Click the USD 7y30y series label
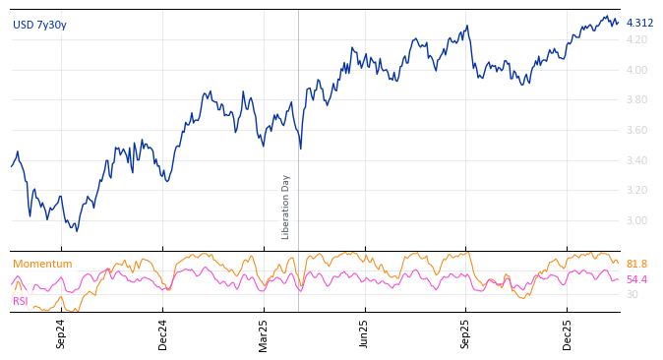[39, 25]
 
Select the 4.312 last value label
[639, 23]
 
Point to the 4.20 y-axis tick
[636, 39]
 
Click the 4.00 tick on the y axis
[636, 70]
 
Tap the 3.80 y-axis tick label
[636, 99]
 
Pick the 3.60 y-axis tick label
[636, 130]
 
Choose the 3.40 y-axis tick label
[636, 160]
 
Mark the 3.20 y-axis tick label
[636, 190]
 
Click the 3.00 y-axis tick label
[636, 220]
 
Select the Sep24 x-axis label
[61, 333]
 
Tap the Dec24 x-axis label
[163, 333]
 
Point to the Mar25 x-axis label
[264, 333]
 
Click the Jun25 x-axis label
[365, 333]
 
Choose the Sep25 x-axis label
[466, 333]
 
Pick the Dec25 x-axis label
[568, 333]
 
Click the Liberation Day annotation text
[286, 207]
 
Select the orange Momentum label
[42, 264]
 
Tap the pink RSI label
[21, 301]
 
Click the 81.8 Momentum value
[636, 264]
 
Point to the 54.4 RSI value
[636, 279]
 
